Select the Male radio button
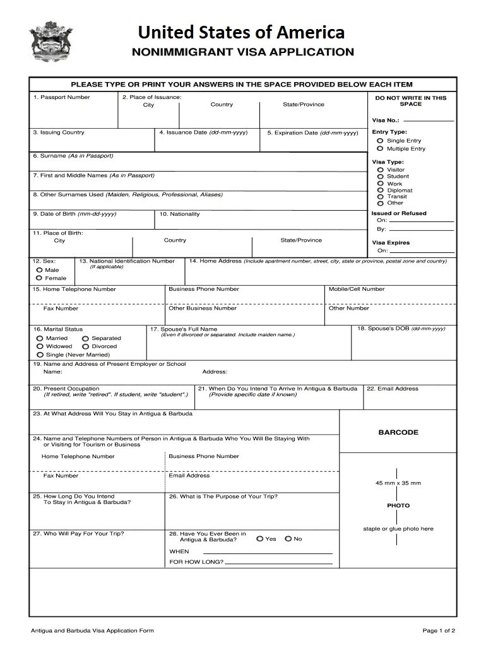click(39, 270)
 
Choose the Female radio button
click(39, 278)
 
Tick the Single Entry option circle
click(380, 141)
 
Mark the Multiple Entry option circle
click(380, 149)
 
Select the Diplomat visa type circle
click(380, 190)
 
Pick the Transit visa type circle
click(380, 196)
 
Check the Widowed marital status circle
click(40, 346)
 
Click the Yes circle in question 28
click(260, 539)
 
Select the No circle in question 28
click(288, 539)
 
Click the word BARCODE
click(398, 433)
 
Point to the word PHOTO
click(398, 505)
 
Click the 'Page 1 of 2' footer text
click(439, 630)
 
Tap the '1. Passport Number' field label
click(61, 97)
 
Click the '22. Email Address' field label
click(393, 389)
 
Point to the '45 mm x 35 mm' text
click(398, 483)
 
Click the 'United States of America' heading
click(242, 32)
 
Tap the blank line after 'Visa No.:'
click(431, 120)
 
